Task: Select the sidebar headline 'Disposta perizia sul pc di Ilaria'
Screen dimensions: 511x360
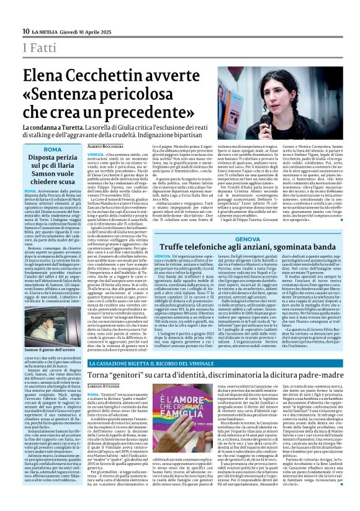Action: (53, 167)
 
